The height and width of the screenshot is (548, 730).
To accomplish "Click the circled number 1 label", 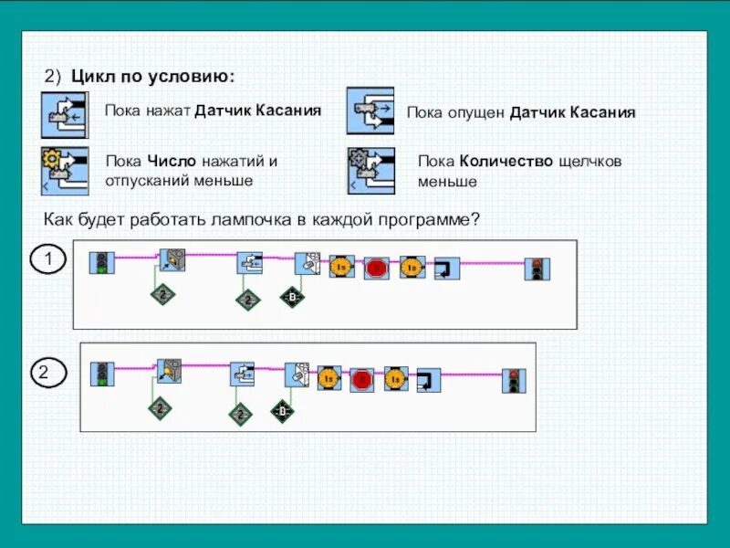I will (48, 260).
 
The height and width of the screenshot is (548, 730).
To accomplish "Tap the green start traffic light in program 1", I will (101, 264).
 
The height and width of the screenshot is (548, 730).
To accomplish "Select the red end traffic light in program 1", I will (537, 269).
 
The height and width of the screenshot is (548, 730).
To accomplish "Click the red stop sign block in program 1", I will (375, 269).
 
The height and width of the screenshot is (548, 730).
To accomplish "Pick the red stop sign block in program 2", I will (361, 379).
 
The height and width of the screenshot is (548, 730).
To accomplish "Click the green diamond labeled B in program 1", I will (291, 298).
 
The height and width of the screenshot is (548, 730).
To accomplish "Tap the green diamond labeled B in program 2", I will (283, 414).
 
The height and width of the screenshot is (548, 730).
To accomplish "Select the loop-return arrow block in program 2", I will (428, 379).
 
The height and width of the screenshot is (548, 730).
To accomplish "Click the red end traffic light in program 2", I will (514, 381).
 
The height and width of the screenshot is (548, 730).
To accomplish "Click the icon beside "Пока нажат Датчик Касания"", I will (64, 114).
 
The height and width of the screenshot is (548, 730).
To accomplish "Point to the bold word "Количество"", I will (506, 162).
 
